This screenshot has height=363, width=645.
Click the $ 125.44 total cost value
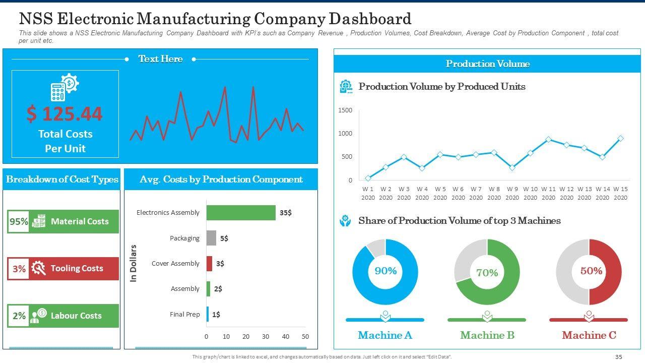tap(64, 114)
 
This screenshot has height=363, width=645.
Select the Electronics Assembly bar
tap(241, 213)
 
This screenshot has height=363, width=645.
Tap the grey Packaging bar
tap(211, 238)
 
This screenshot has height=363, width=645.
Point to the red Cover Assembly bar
tap(209, 263)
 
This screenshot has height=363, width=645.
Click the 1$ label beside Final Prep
tap(216, 315)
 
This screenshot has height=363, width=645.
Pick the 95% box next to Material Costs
tap(19, 222)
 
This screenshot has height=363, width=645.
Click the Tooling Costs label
tap(77, 269)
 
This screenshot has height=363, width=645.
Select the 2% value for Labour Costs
tap(19, 316)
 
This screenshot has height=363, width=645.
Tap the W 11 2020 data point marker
tap(548, 140)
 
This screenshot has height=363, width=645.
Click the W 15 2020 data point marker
tap(620, 138)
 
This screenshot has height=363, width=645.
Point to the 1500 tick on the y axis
tap(345, 110)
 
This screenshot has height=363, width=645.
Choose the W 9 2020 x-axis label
tap(512, 193)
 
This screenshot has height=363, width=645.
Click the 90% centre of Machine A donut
tap(385, 271)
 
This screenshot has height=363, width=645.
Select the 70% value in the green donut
tap(487, 273)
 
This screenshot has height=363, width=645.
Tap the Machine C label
tap(589, 335)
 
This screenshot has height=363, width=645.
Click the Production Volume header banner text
tap(487, 64)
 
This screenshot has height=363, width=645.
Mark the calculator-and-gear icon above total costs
tap(64, 87)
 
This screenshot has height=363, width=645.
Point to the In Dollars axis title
tap(134, 263)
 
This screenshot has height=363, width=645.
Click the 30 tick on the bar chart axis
tap(266, 336)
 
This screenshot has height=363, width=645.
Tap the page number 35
tap(619, 357)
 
